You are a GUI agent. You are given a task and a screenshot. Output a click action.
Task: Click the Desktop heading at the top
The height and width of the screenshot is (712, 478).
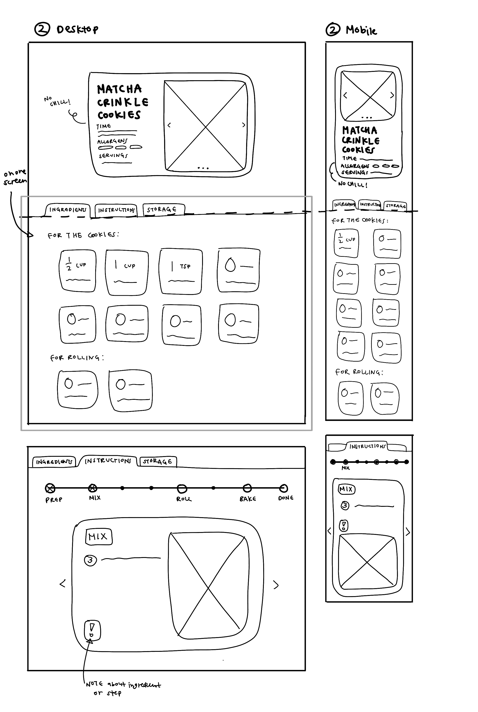click(x=77, y=29)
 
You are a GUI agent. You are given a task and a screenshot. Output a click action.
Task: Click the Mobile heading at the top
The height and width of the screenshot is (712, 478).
click(x=361, y=30)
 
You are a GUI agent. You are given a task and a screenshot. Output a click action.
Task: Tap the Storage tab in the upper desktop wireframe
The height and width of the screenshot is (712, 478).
click(x=162, y=210)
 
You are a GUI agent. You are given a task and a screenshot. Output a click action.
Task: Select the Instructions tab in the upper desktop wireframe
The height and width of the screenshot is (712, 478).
click(x=116, y=210)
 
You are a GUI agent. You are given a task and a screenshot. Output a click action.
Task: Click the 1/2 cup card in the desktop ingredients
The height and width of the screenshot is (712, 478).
click(x=78, y=271)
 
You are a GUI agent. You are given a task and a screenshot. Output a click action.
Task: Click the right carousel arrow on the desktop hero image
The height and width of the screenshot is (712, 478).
click(x=243, y=125)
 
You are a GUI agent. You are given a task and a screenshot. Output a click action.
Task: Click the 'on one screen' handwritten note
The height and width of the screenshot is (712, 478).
click(x=15, y=177)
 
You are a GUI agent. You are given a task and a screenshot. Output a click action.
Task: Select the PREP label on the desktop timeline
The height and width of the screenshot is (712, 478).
click(x=54, y=500)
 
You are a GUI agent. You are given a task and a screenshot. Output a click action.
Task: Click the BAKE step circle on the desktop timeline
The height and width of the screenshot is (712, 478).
click(x=247, y=488)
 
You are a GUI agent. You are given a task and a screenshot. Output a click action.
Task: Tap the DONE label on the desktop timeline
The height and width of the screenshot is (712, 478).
click(x=286, y=498)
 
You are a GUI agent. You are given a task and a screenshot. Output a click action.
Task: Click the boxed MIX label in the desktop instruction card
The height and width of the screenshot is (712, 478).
click(x=98, y=537)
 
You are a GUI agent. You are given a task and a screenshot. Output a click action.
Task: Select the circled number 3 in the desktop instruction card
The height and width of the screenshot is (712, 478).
click(x=90, y=560)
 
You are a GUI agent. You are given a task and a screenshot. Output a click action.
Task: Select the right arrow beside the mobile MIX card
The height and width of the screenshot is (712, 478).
click(x=408, y=532)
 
